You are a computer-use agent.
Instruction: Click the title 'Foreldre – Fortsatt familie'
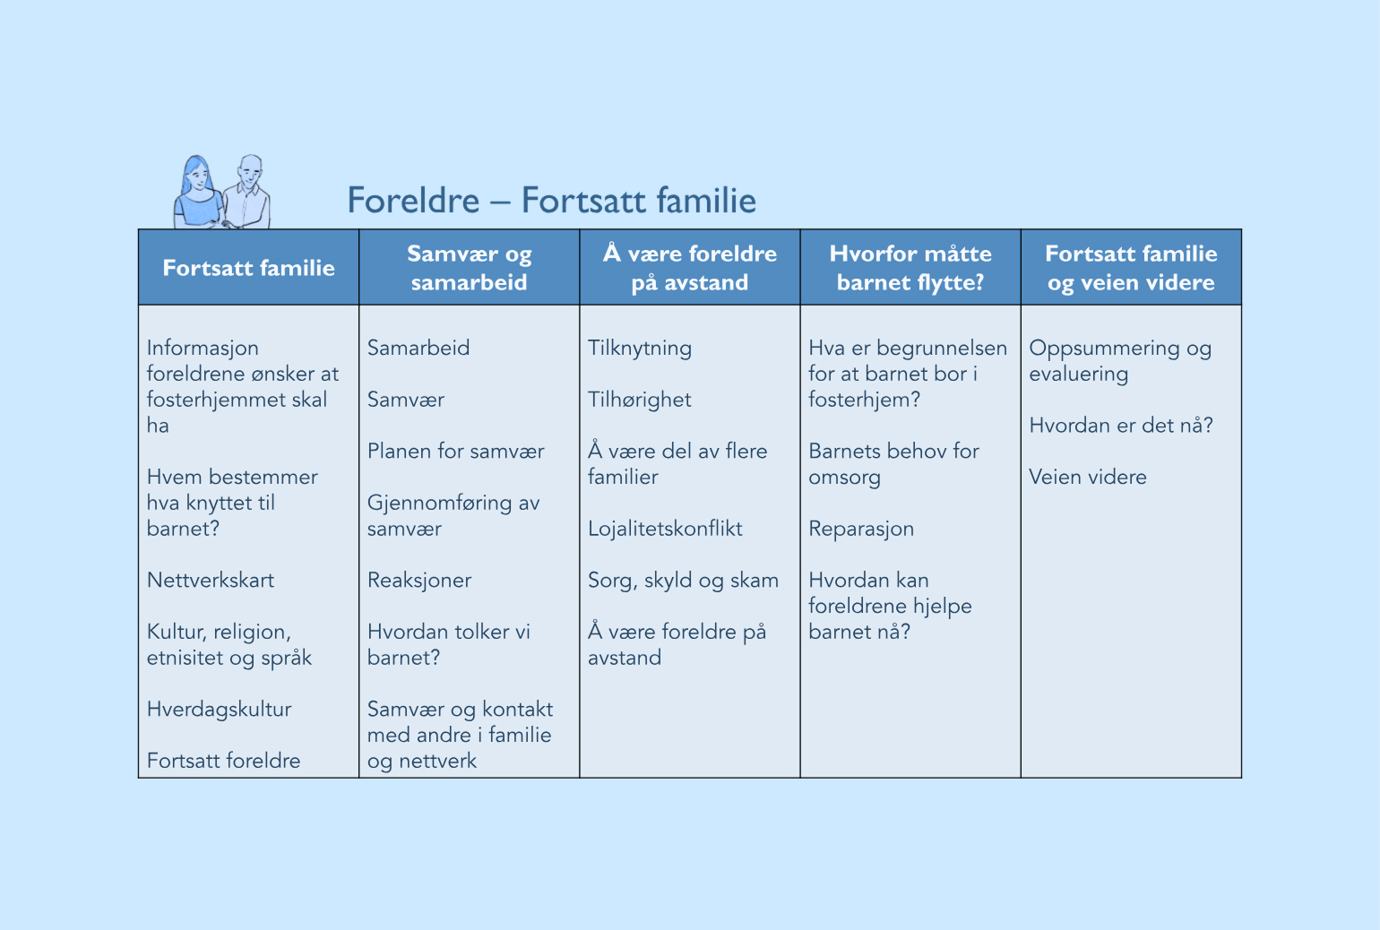tap(551, 201)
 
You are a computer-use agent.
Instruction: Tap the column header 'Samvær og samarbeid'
tap(469, 268)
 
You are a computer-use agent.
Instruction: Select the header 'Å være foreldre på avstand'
tap(689, 268)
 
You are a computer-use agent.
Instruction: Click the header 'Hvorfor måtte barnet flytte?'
tap(910, 268)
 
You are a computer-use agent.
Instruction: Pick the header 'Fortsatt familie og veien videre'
tap(1131, 268)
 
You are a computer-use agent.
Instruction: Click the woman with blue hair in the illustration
tap(197, 193)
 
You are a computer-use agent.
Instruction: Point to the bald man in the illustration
tap(248, 192)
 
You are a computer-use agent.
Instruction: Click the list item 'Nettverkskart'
tap(211, 580)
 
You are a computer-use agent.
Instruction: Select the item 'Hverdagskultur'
tap(220, 709)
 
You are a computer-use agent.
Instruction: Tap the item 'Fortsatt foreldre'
tap(223, 761)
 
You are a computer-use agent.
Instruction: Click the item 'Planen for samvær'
tap(455, 451)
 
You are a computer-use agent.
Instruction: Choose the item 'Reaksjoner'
tap(419, 580)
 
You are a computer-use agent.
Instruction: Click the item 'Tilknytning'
tap(640, 348)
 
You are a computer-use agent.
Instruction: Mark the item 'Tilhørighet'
tap(640, 400)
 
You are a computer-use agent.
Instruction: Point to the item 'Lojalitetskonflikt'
tap(665, 529)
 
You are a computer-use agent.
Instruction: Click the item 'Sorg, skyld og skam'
tap(683, 581)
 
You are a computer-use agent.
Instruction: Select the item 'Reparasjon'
tap(861, 529)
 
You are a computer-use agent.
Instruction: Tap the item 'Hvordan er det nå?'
tap(1121, 425)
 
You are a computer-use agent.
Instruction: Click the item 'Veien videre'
tap(1088, 477)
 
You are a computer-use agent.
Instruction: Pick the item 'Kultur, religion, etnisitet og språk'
tap(229, 644)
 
